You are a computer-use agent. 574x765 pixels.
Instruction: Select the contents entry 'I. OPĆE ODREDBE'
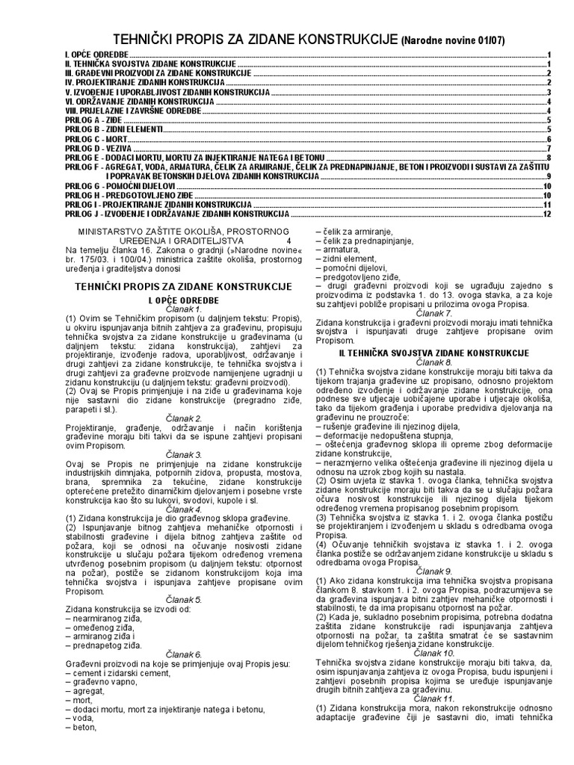pyautogui.click(x=96, y=55)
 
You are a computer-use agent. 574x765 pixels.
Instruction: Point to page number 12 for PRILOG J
pyautogui.click(x=546, y=214)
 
